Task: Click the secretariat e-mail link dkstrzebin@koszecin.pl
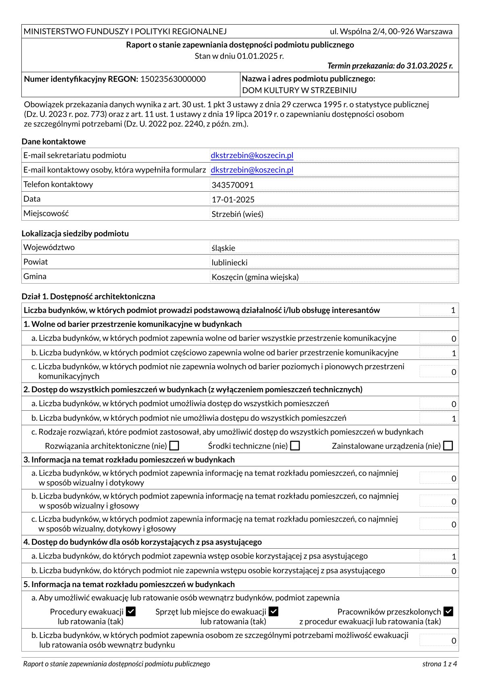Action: tap(252, 155)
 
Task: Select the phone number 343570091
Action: tap(233, 185)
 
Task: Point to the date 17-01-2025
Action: tap(233, 200)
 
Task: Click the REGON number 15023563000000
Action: tap(173, 79)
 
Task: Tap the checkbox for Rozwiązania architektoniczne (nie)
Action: tap(174, 446)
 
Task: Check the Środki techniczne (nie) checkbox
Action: tap(295, 446)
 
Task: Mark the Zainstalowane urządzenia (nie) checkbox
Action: tap(448, 446)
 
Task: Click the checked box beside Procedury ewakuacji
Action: tap(131, 612)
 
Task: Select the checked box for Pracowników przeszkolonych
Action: tap(448, 612)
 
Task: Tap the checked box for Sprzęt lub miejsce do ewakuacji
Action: tap(273, 612)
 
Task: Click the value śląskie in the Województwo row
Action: tap(223, 248)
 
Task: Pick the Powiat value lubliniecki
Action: tap(230, 263)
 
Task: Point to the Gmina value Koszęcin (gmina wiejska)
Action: tap(255, 277)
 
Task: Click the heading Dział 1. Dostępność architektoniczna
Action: tap(88, 297)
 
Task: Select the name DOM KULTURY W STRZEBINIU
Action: tap(299, 90)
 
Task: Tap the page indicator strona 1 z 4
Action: tap(440, 664)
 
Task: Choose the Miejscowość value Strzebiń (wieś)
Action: tap(238, 214)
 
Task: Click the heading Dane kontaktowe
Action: tap(54, 142)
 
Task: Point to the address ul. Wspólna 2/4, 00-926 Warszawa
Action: tap(391, 31)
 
